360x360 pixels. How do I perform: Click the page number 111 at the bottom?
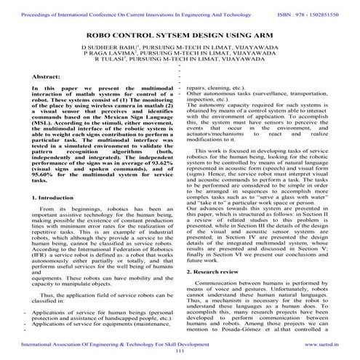click(x=180, y=350)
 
